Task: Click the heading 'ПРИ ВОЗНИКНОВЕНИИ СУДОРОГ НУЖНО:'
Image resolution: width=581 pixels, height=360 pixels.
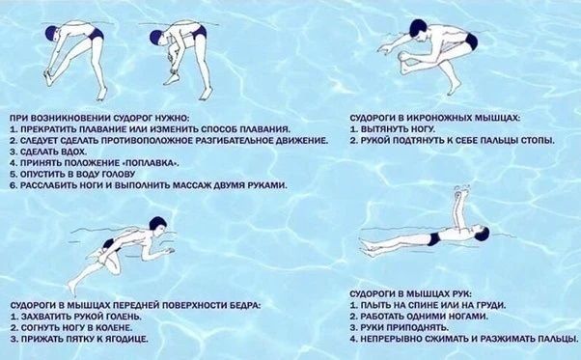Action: (x=99, y=118)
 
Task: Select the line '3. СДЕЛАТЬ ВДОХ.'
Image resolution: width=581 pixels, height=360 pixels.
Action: (x=48, y=152)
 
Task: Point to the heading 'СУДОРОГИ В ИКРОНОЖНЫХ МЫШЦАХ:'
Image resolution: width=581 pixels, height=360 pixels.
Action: (x=435, y=118)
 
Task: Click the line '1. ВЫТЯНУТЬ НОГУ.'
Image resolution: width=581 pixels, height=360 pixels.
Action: (x=393, y=129)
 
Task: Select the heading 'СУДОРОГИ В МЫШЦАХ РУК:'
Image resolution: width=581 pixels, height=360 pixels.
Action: (x=411, y=294)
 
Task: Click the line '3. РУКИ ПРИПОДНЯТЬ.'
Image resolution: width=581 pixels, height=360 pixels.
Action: (x=400, y=327)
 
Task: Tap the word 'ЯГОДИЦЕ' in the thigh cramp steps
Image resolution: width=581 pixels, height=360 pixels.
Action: (x=126, y=339)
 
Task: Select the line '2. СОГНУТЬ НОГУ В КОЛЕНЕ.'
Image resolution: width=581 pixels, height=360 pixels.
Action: (x=71, y=328)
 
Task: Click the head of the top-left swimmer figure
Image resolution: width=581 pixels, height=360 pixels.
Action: (x=52, y=33)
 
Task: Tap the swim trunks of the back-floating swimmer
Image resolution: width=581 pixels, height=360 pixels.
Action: (x=432, y=239)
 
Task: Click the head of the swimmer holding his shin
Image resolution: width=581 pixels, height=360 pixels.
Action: (x=158, y=225)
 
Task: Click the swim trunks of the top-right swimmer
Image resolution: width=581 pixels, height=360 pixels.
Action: (x=471, y=42)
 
